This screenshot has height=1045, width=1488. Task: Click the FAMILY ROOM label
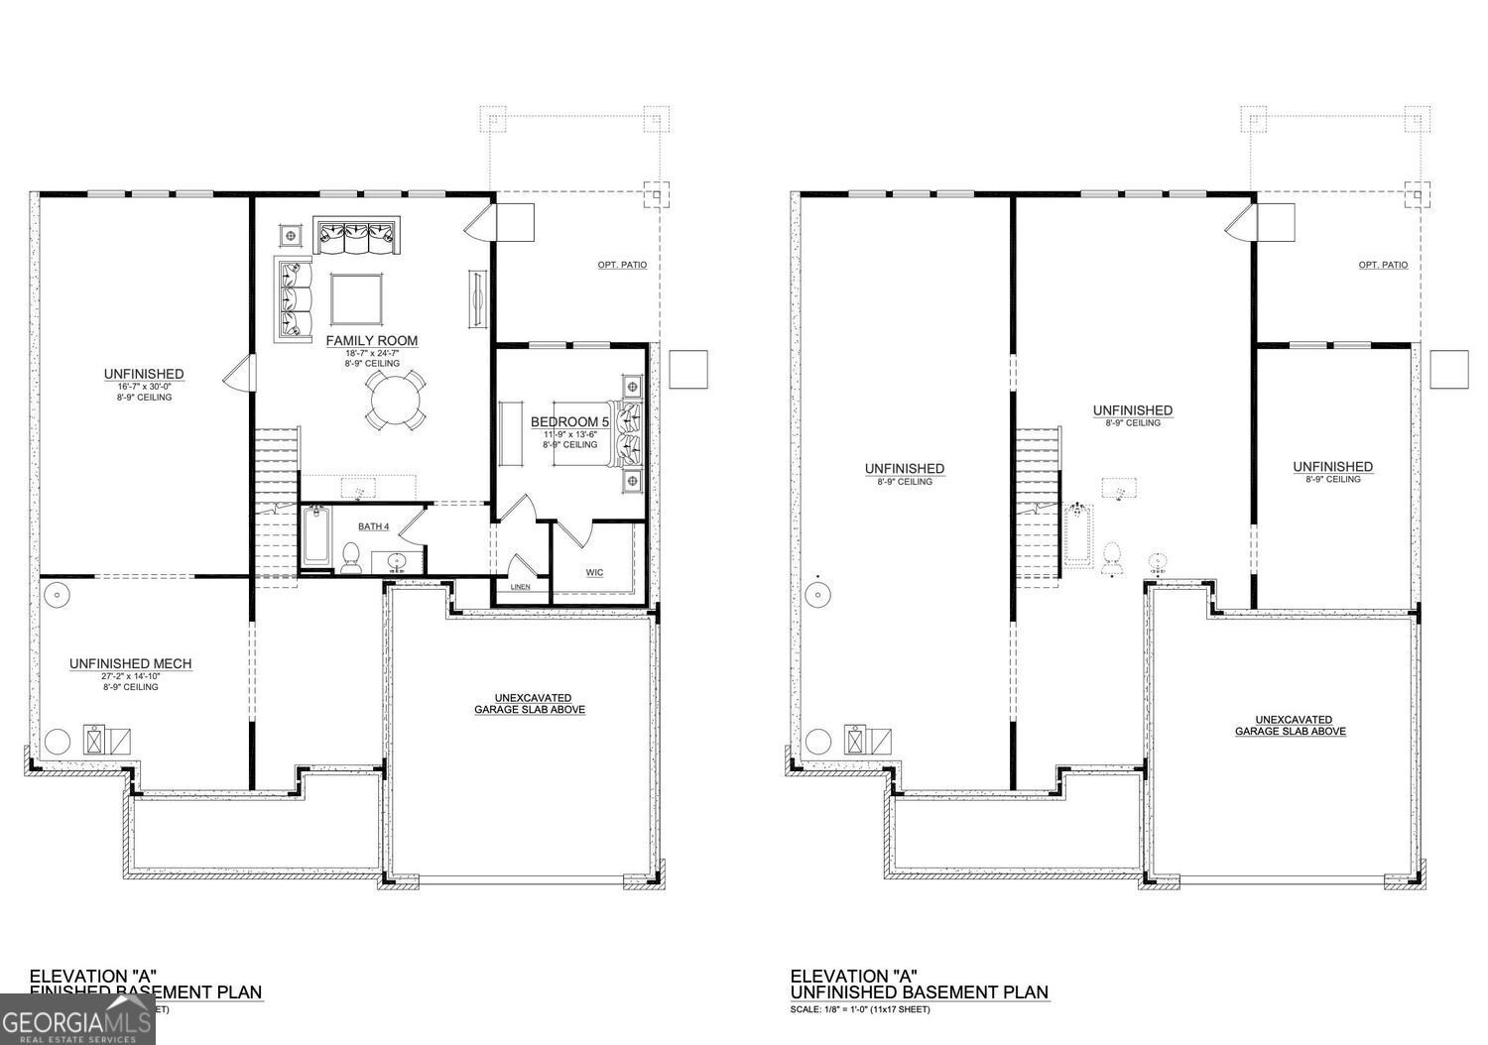coord(372,340)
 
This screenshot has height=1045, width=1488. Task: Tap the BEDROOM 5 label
coord(570,421)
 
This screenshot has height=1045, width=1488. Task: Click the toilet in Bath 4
coord(350,558)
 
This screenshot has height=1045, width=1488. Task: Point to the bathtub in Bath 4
coord(316,537)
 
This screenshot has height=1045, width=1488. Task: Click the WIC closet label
coord(594,572)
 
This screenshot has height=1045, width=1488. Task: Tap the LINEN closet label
coord(520,586)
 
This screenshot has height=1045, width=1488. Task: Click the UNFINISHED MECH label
coord(130,663)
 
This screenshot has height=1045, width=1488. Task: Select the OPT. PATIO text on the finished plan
coord(622,265)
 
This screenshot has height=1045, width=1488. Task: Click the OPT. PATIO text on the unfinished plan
coord(1383,265)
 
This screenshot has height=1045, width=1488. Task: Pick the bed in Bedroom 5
coord(628,433)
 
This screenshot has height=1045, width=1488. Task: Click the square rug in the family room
coord(356,299)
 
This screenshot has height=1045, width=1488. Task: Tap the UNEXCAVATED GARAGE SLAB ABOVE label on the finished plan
coord(529,704)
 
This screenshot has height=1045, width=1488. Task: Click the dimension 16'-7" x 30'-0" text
coord(144,386)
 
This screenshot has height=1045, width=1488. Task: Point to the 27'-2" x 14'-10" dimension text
coord(130,675)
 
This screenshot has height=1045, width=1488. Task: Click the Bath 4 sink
coord(398,561)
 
